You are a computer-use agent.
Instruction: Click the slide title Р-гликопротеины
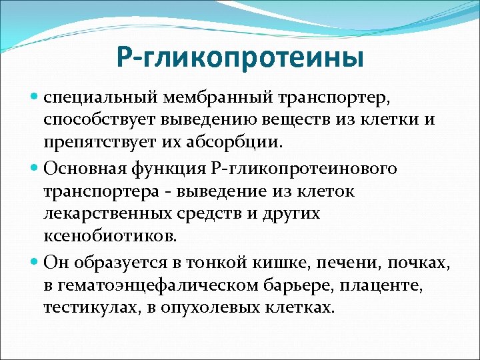click(x=240, y=57)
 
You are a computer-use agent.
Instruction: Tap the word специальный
click(x=99, y=99)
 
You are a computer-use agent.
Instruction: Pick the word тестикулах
click(x=85, y=307)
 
